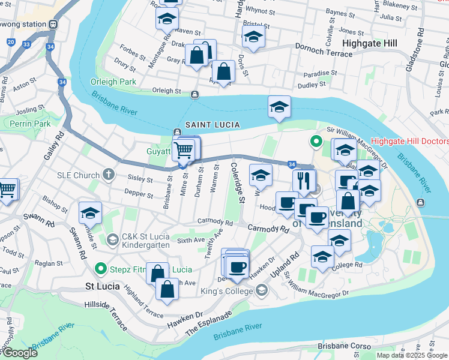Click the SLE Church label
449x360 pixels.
pyautogui.click(x=78, y=175)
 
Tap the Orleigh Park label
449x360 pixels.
pyautogui.click(x=113, y=82)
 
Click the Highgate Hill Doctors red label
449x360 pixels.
pyautogui.click(x=409, y=142)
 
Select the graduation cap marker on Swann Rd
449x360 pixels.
pyautogui.click(x=90, y=214)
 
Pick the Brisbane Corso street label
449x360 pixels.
pyautogui.click(x=341, y=346)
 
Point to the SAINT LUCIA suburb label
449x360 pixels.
pyautogui.click(x=212, y=124)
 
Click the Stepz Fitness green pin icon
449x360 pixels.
pyautogui.click(x=102, y=269)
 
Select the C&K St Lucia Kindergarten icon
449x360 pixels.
pyautogui.click(x=112, y=240)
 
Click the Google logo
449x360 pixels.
pyautogui.click(x=19, y=353)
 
